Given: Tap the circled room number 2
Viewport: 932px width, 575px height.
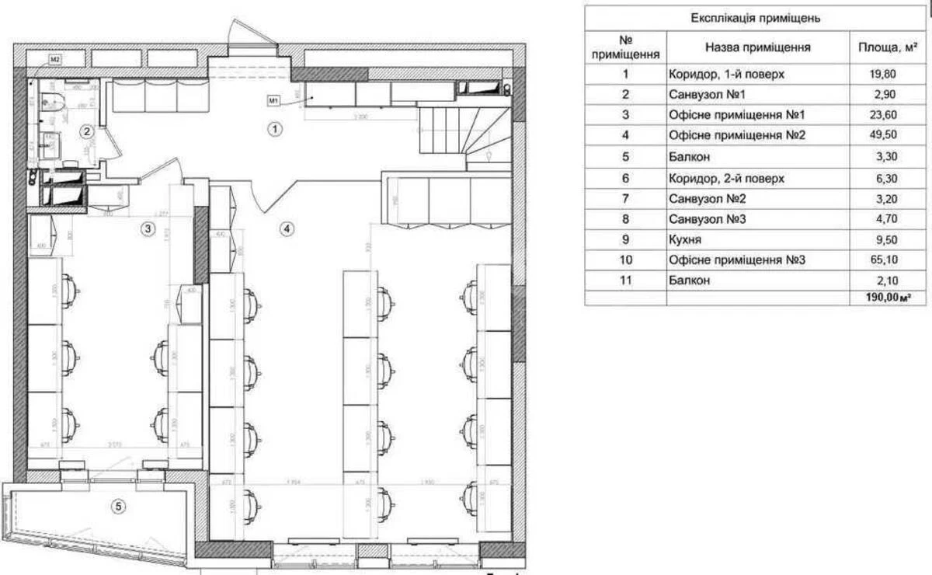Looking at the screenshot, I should pos(88,131).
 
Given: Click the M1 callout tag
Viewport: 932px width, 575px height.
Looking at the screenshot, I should pos(273,99).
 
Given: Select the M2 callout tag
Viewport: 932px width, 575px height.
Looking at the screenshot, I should pos(55,59).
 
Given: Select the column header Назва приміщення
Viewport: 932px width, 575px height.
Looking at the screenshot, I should pos(757,47).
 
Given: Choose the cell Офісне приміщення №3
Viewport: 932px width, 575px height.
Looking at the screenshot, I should pos(736,260).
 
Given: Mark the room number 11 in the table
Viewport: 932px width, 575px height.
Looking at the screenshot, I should pos(625,281).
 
